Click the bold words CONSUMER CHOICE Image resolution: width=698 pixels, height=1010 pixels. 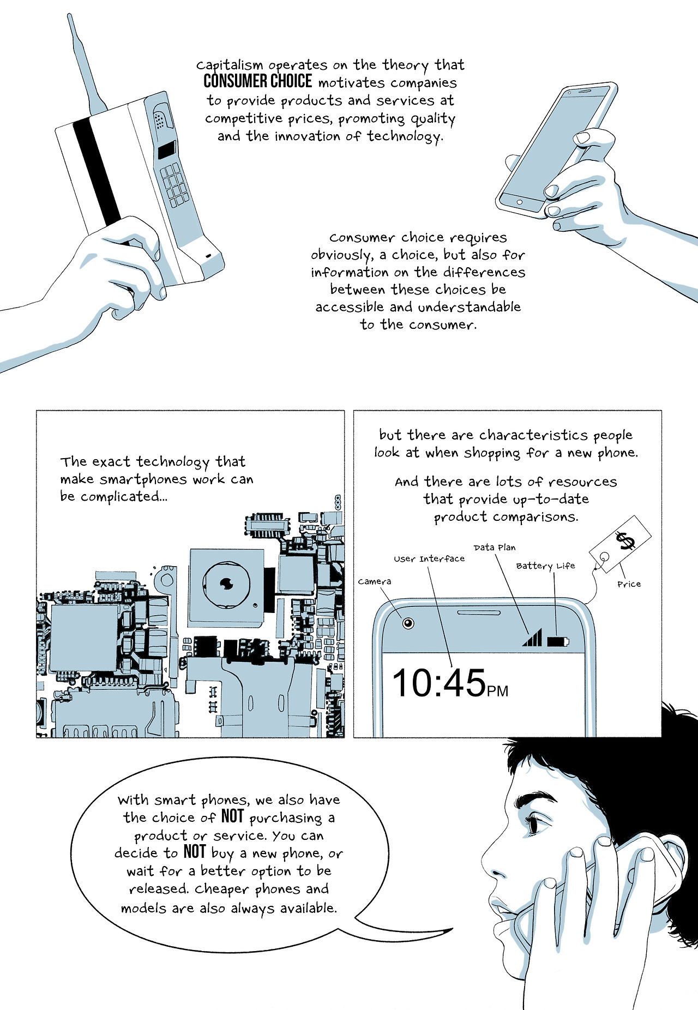(x=258, y=81)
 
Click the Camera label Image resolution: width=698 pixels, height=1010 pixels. (x=375, y=581)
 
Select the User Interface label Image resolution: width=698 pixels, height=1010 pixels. (x=429, y=558)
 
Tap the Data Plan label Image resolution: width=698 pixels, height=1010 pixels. (x=494, y=547)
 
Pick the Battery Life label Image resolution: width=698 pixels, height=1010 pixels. (x=545, y=566)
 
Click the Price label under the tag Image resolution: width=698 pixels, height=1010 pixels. (x=629, y=584)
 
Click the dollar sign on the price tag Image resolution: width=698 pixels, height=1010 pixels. (x=625, y=541)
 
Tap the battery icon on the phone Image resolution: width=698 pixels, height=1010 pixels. (x=558, y=641)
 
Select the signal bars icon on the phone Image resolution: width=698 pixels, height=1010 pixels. (x=532, y=637)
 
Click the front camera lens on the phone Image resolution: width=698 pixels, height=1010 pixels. (x=408, y=623)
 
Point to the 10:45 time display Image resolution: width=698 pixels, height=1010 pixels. (x=439, y=683)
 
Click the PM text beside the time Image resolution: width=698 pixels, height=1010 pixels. (x=498, y=691)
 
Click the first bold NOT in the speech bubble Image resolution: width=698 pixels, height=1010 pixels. (x=232, y=816)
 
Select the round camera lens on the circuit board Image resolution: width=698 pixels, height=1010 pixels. (x=226, y=585)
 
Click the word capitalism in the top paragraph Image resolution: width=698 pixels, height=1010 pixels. (x=230, y=65)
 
